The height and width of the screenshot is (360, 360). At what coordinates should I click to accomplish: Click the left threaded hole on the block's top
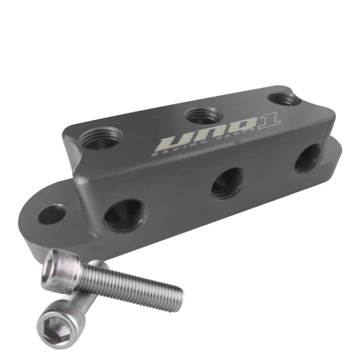click(103, 138)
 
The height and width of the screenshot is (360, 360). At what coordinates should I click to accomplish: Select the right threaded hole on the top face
click(283, 98)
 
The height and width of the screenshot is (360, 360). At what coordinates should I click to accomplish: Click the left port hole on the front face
click(124, 214)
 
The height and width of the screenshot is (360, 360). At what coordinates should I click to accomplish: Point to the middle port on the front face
click(227, 182)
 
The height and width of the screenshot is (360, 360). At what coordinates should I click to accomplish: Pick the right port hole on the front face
click(307, 157)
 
